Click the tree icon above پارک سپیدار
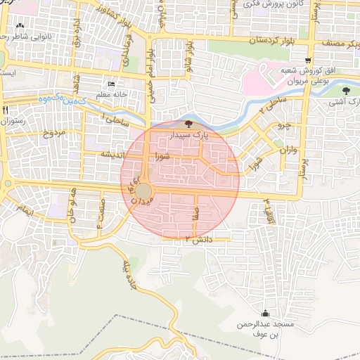pyautogui.click(x=187, y=124)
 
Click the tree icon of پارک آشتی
pyautogui.click(x=346, y=91)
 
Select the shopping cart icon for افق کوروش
pyautogui.click(x=309, y=61)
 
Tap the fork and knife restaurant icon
pyautogui.click(x=6, y=110)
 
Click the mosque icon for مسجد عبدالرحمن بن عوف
pyautogui.click(x=265, y=314)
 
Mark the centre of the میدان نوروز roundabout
pyautogui.click(x=143, y=191)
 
